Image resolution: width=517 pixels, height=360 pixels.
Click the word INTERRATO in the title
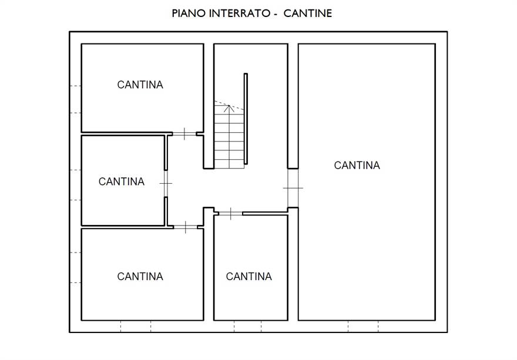point(240,14)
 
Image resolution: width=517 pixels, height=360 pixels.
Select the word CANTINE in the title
point(308,14)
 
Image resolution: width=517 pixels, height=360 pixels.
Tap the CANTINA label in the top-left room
point(140,85)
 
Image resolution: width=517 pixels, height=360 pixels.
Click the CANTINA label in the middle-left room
point(122,181)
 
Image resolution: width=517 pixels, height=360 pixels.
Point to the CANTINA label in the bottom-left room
point(140,276)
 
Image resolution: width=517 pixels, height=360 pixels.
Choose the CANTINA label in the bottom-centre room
point(249,276)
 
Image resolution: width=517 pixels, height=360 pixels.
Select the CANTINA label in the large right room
point(357,165)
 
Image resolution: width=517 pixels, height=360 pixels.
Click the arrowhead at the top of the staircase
point(229,108)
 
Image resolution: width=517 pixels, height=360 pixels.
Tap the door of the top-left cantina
point(184,134)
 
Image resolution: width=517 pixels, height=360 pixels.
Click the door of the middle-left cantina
point(166,183)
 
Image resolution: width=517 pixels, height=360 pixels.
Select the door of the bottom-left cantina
point(185,227)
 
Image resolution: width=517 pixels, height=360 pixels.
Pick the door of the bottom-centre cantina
point(230,214)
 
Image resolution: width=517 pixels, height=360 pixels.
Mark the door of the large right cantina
point(293,188)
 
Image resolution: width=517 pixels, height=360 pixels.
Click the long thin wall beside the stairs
point(246,119)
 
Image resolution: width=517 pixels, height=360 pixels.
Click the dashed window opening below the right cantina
point(363,327)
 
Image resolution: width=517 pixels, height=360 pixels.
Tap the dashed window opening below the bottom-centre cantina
point(247,327)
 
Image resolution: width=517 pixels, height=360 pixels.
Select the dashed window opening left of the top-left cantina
point(76,99)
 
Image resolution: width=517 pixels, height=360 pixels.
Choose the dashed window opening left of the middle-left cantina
point(76,185)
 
